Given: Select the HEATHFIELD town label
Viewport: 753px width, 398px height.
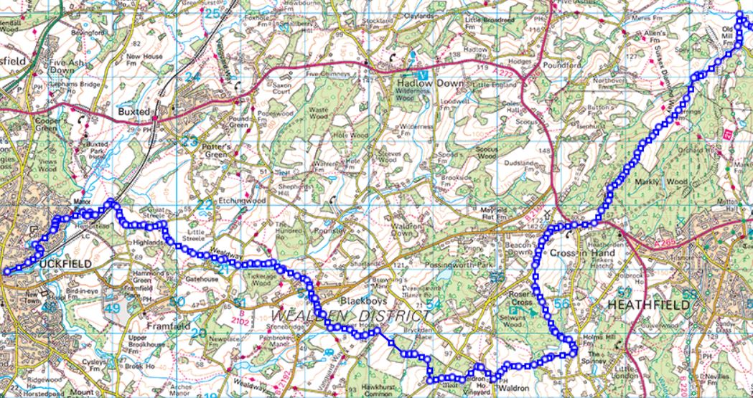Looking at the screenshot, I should pyautogui.click(x=648, y=304).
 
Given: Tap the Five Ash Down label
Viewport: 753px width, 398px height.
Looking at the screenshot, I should pyautogui.click(x=61, y=67).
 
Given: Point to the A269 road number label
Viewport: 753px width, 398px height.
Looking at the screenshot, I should pyautogui.click(x=663, y=244).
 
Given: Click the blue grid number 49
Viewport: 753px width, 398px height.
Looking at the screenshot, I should pyautogui.click(x=111, y=308).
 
